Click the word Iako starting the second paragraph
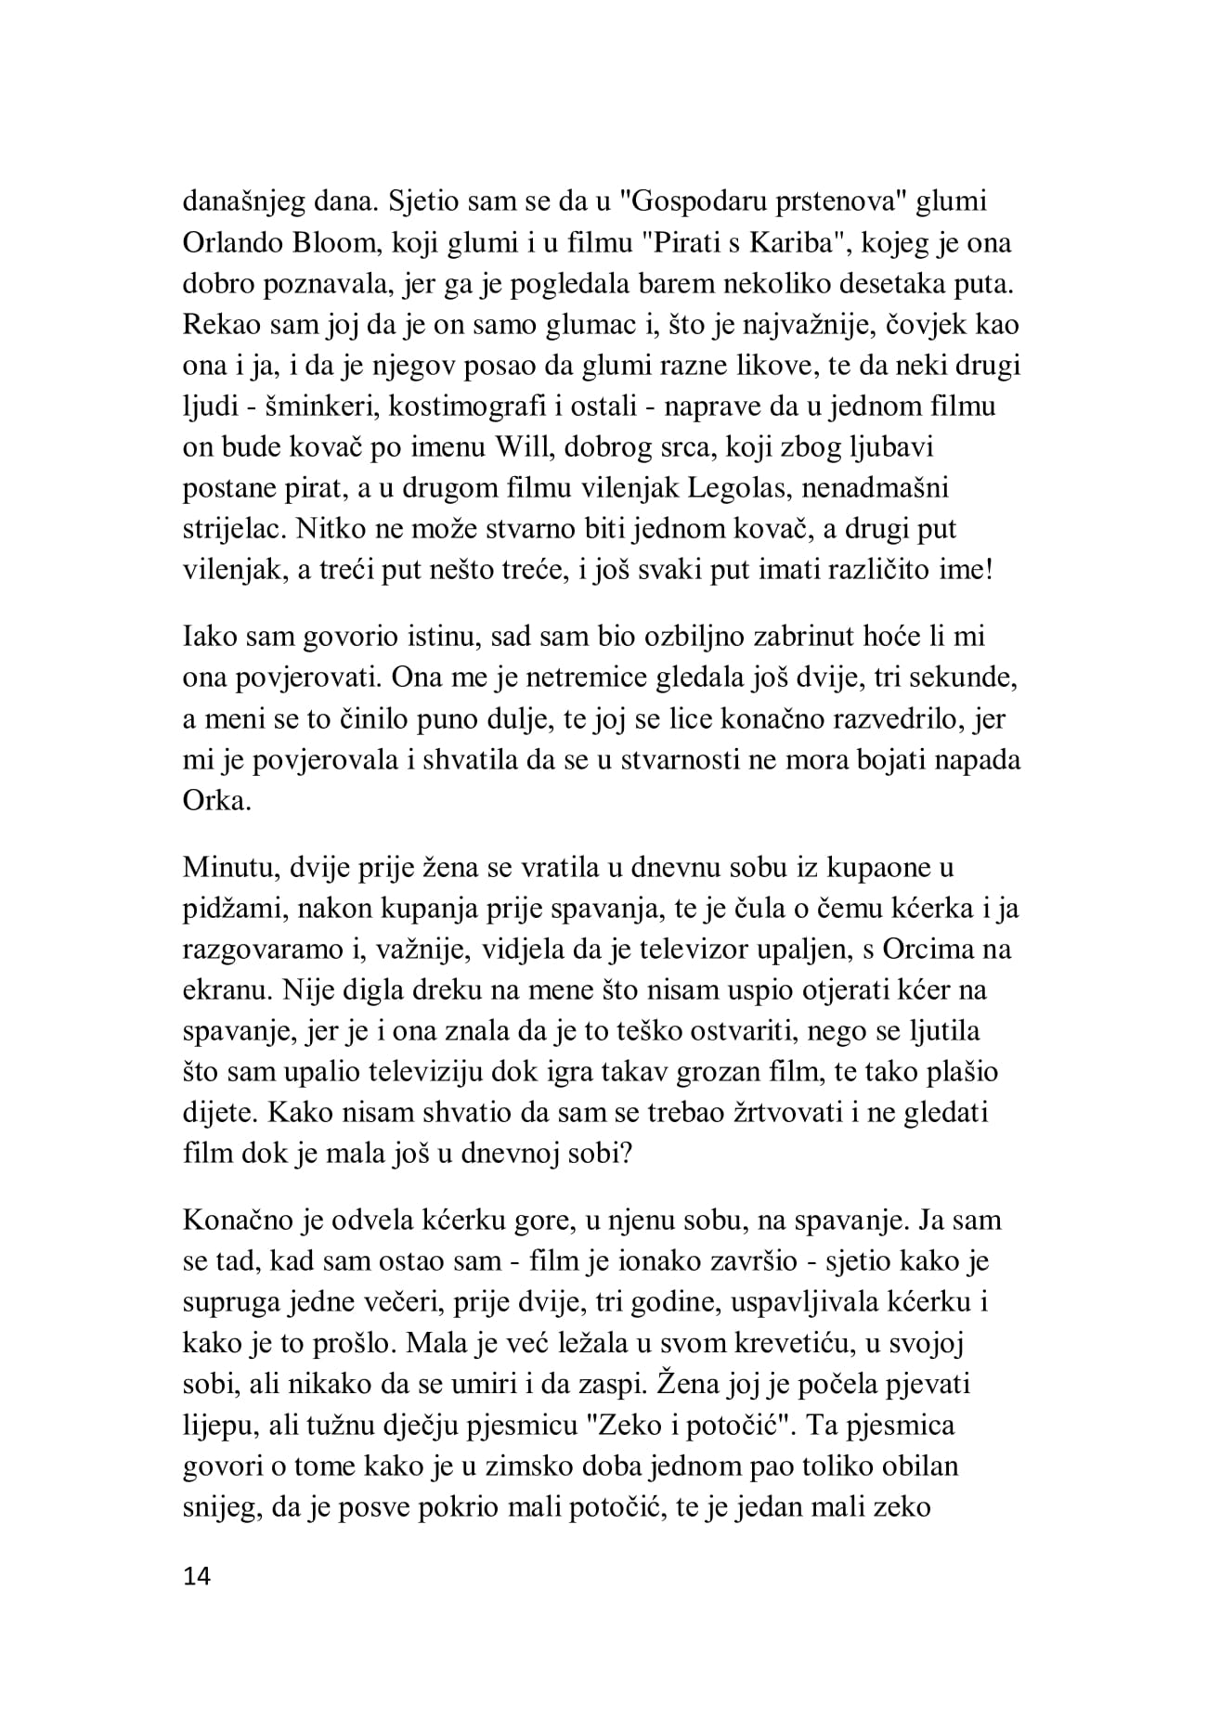210,637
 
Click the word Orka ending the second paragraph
216,800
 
